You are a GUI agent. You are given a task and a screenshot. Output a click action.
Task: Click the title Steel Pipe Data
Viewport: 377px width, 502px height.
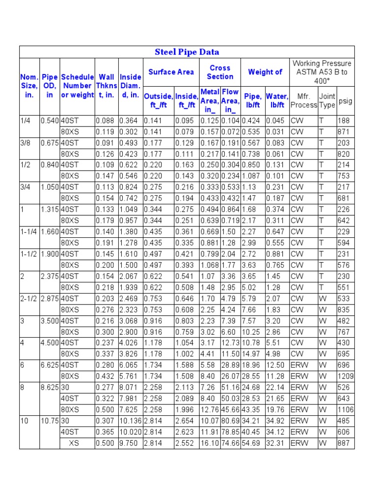(187, 52)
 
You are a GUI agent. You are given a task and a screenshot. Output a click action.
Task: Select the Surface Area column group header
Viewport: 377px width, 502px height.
(171, 72)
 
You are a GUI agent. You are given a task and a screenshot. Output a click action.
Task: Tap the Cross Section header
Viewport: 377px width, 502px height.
(220, 72)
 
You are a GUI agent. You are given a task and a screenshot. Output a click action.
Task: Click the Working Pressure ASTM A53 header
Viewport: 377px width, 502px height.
(322, 72)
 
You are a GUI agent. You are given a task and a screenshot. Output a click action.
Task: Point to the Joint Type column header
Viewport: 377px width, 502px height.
(327, 100)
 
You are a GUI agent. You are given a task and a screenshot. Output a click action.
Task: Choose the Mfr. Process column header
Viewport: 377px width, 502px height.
(303, 100)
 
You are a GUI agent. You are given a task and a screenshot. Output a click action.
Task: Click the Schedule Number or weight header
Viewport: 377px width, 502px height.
(77, 86)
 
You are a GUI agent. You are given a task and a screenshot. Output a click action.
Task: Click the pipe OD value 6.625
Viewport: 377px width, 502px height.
(50, 365)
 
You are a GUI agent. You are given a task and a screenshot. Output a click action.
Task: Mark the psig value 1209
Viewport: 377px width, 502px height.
(345, 376)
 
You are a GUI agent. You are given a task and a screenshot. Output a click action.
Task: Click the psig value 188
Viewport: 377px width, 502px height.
(343, 121)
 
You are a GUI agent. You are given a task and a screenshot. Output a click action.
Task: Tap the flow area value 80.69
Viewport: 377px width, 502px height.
(230, 421)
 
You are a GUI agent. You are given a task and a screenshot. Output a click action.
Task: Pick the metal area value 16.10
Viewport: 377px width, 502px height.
(210, 443)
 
